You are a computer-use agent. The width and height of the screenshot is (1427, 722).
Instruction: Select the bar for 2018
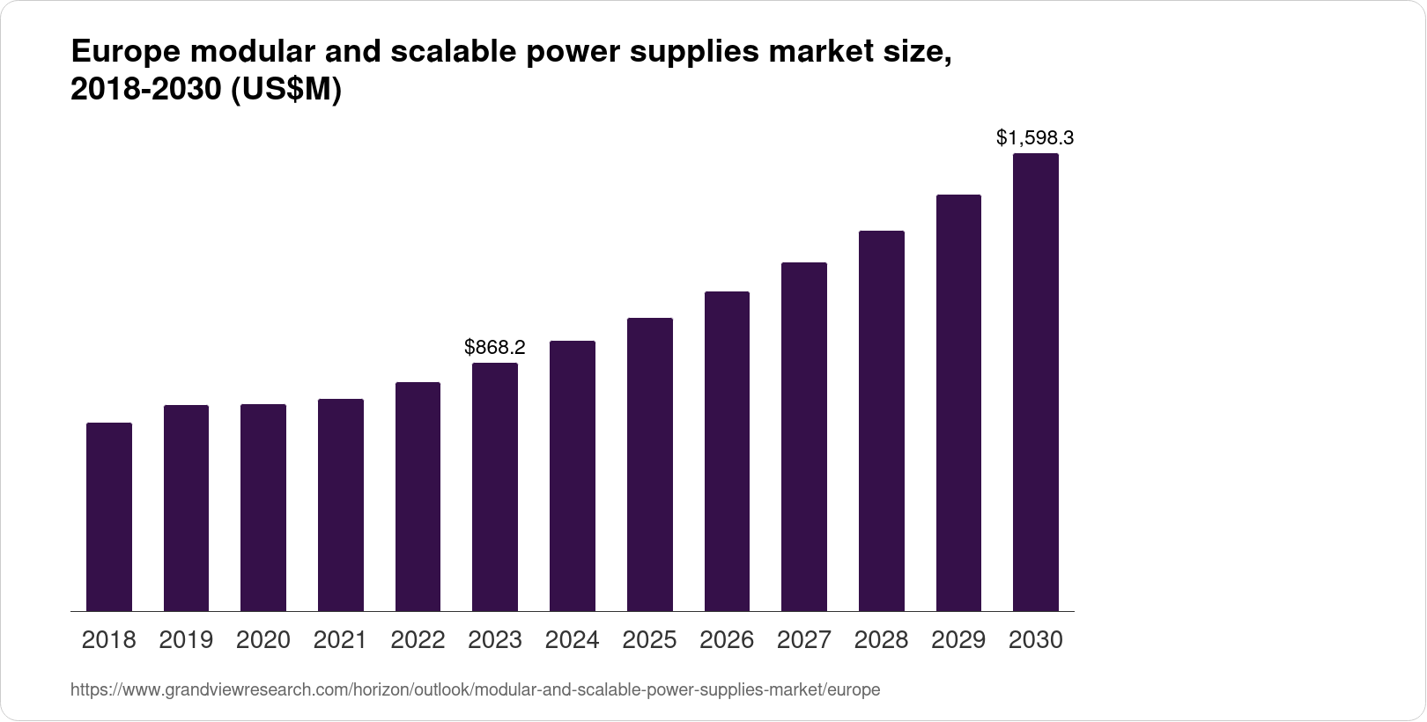click(109, 517)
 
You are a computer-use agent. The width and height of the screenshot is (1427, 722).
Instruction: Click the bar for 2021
click(341, 505)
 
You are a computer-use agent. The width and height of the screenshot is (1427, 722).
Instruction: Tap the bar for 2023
click(495, 487)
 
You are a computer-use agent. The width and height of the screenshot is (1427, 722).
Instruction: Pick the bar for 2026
click(727, 451)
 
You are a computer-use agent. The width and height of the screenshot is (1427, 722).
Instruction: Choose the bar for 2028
click(882, 421)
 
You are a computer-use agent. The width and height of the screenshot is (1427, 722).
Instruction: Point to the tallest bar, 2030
click(1036, 382)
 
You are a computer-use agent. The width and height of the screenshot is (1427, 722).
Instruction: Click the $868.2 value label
click(495, 347)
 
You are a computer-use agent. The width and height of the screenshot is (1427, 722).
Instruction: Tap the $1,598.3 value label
click(1035, 137)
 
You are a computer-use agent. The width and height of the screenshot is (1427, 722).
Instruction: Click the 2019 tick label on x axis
click(186, 640)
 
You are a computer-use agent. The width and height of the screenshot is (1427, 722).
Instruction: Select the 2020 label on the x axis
click(263, 640)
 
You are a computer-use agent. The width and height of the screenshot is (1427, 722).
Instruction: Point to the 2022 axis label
click(418, 640)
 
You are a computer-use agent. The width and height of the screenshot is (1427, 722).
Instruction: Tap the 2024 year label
click(573, 640)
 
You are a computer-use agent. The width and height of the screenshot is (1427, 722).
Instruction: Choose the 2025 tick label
click(649, 640)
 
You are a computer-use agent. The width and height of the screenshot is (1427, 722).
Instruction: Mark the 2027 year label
click(804, 640)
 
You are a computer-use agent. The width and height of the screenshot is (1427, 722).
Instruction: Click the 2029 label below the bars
click(958, 640)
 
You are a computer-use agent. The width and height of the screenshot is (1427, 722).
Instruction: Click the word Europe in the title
click(123, 53)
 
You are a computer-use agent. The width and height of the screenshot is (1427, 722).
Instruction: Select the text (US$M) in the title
click(285, 91)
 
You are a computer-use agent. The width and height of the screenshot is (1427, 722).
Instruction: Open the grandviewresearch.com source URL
click(475, 690)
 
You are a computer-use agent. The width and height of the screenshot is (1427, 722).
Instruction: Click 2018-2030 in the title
click(146, 91)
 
